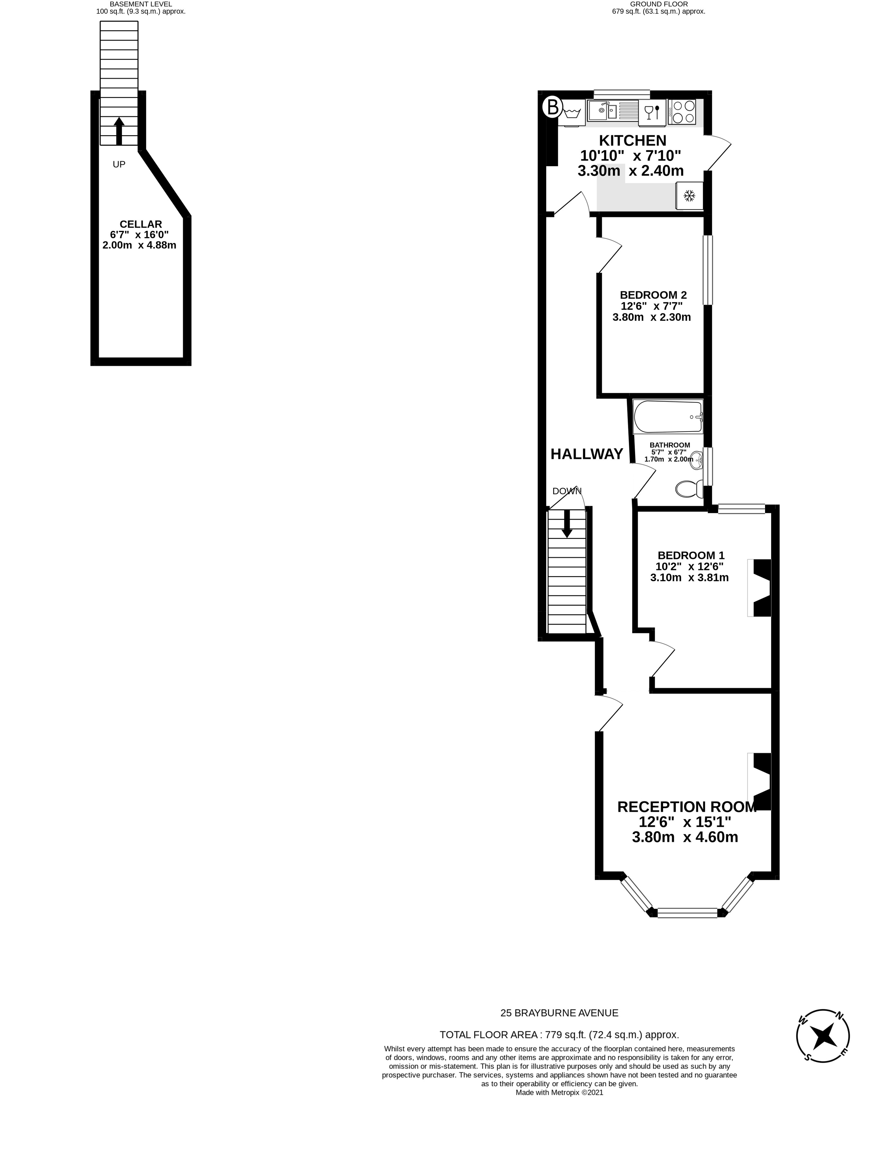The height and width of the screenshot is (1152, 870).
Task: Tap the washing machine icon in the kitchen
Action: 572,112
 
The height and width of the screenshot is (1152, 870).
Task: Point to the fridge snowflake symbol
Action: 689,196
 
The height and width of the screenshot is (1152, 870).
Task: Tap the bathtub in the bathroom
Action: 668,417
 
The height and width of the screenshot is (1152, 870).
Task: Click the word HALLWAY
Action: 587,454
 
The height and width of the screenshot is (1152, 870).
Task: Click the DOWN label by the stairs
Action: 566,491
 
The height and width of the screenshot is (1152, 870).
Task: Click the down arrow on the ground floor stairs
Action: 567,524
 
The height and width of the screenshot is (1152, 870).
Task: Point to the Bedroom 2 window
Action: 707,270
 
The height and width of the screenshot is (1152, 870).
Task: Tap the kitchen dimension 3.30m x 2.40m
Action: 631,171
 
